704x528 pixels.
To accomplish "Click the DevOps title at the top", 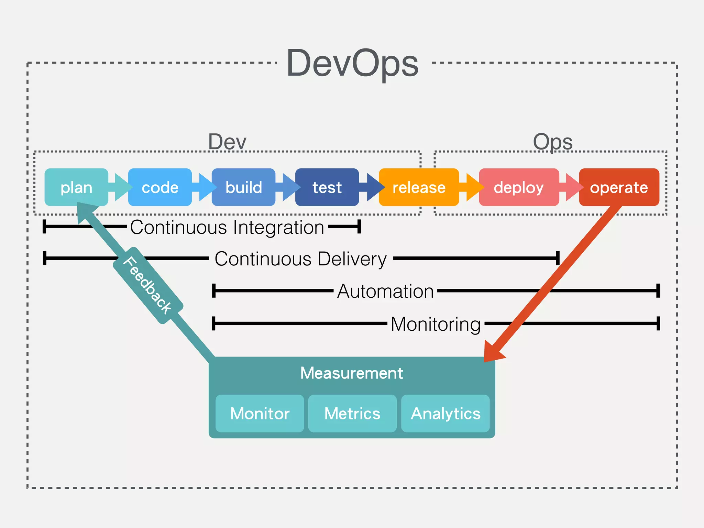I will coord(352,64).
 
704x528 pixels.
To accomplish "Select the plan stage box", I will coord(76,187).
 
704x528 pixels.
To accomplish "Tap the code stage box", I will coord(160,187).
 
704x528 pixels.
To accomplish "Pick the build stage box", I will coord(243,187).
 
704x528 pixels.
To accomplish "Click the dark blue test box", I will coord(327,187).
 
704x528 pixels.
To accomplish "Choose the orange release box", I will coord(419,187).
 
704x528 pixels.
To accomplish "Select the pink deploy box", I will coord(519,187).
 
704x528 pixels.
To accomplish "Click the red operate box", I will coord(619,187).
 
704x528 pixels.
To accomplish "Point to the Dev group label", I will coord(227,142).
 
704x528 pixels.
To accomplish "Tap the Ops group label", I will coord(552,142).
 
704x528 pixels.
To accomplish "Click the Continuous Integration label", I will coord(227,227).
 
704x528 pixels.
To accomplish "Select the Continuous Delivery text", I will coord(301,259).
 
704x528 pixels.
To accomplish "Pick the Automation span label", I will coord(385,291).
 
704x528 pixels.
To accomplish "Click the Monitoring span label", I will coord(436,324).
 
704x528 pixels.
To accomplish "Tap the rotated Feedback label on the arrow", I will coord(148,285).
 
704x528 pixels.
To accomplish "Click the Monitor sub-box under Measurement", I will coord(260,414).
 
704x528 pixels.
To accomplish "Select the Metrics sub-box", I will coord(352,414).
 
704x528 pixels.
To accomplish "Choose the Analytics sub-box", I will coord(445,414).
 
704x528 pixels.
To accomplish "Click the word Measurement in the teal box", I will coord(351,373).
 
